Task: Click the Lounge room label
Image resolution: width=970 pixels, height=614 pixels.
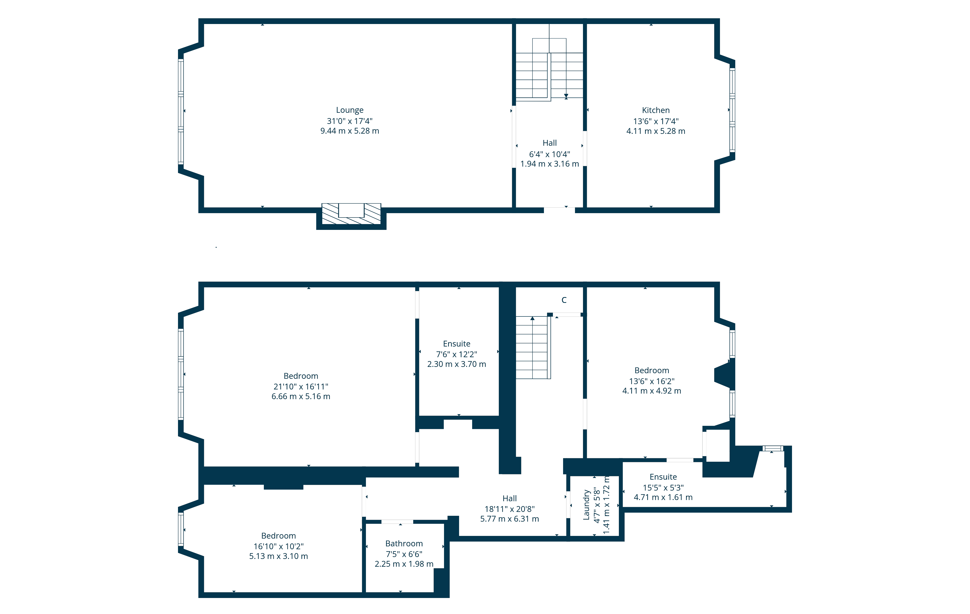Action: [x=350, y=110]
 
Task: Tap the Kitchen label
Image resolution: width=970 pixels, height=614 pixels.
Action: [x=656, y=110]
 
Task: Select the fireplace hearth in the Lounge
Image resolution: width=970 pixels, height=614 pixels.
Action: [x=351, y=214]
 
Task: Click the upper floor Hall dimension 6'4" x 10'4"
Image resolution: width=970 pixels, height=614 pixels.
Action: [x=550, y=154]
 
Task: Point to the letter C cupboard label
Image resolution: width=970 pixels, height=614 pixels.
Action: [x=564, y=300]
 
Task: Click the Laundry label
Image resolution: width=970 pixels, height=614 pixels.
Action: [x=587, y=505]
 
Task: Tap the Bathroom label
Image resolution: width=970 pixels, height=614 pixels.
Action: [x=404, y=543]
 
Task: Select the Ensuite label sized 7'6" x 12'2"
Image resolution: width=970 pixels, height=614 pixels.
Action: [x=456, y=344]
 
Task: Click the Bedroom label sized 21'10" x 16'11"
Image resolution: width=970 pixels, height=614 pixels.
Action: [x=301, y=376]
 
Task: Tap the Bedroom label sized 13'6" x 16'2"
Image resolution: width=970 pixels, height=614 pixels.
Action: [x=652, y=370]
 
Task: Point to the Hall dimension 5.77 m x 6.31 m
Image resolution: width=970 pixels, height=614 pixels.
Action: [x=509, y=519]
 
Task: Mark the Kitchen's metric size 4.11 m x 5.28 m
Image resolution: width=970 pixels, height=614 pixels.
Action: [x=656, y=131]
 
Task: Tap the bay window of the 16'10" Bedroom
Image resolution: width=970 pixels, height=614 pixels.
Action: [x=181, y=529]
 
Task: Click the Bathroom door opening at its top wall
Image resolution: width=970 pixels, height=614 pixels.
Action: [x=397, y=522]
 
